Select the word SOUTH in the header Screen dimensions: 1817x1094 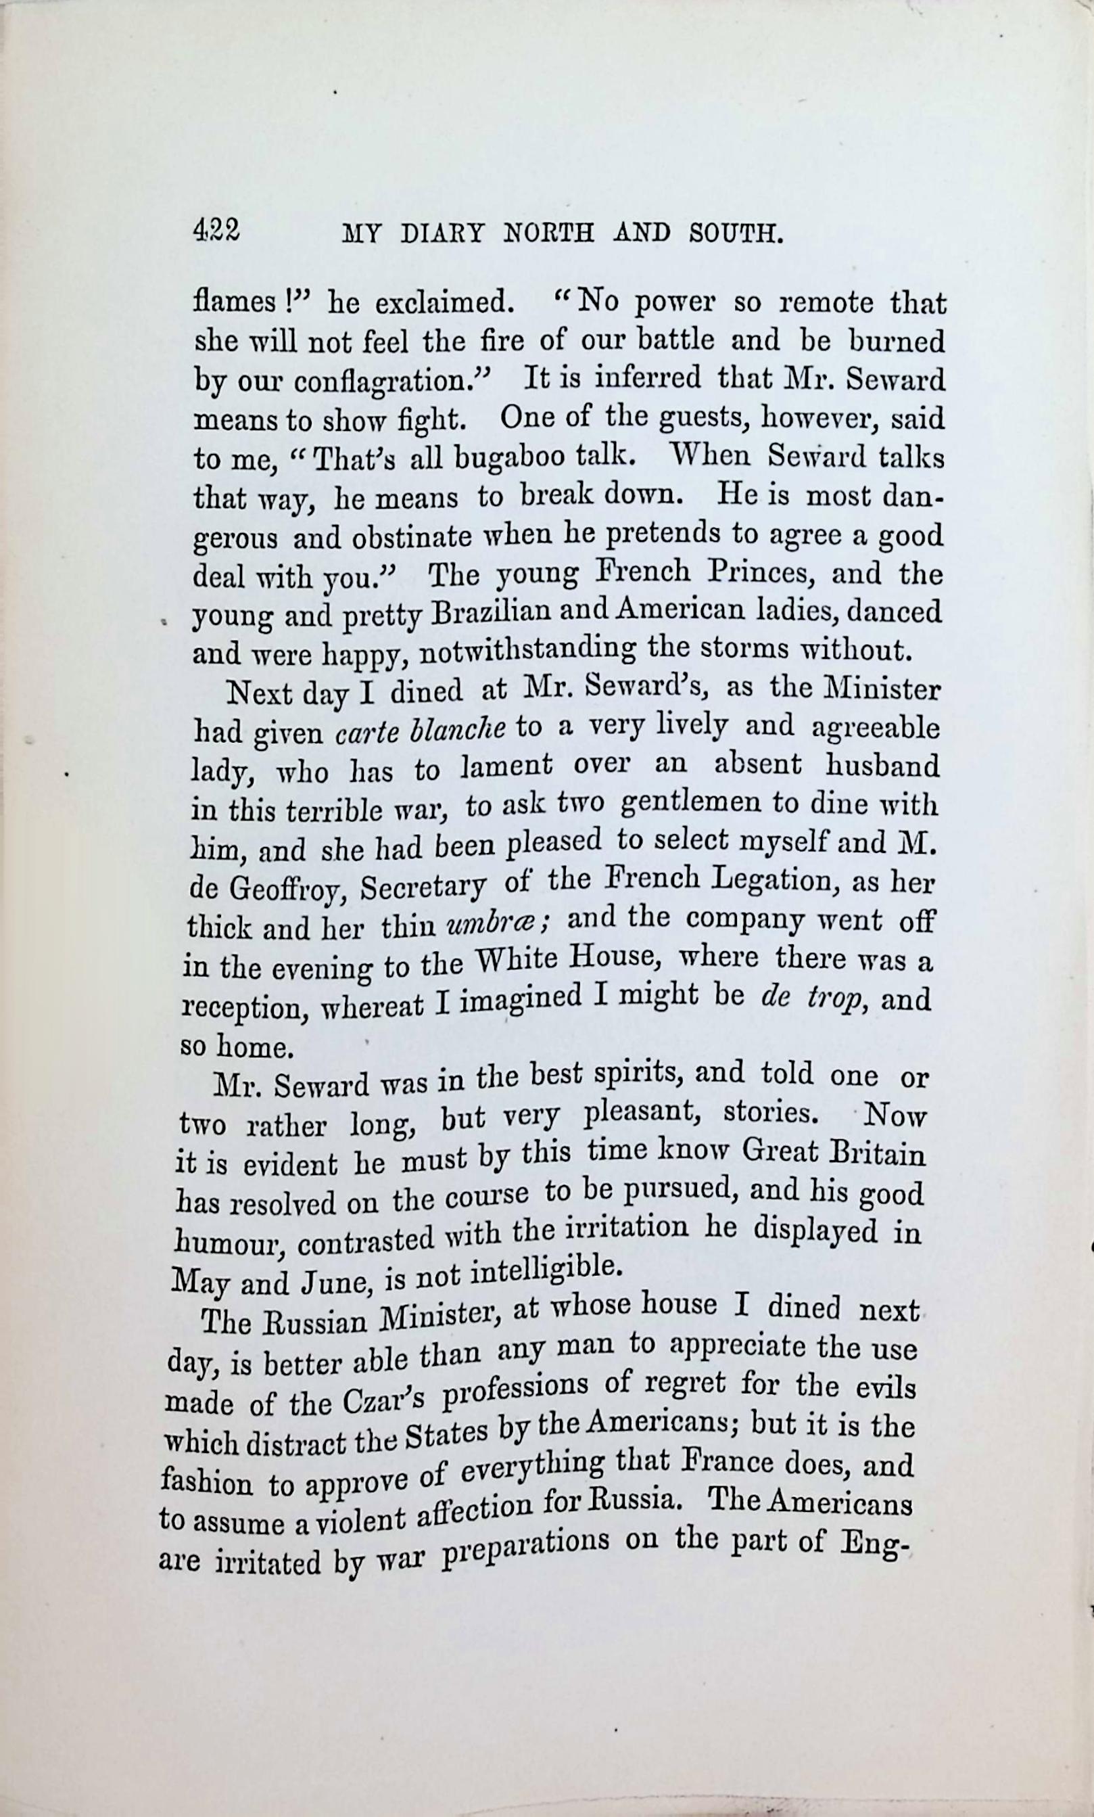point(734,234)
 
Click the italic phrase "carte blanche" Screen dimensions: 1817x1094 point(420,731)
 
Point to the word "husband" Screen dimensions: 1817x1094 point(882,766)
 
